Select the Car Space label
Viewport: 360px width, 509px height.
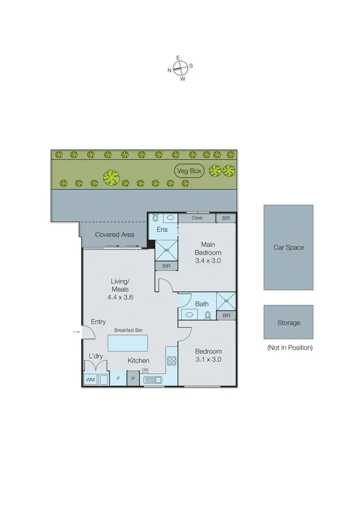(288, 248)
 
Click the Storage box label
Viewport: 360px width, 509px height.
(288, 323)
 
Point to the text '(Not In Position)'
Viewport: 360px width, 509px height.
(289, 347)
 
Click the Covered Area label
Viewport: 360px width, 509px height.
(114, 235)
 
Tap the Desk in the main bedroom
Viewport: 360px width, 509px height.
(197, 218)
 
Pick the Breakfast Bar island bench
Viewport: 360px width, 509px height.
(128, 343)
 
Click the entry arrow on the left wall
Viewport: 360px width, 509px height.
(76, 331)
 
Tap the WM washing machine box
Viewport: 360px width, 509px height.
(90, 379)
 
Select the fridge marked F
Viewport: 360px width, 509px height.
(118, 379)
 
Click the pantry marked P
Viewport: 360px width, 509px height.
(133, 379)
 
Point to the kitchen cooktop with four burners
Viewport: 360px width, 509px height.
(171, 361)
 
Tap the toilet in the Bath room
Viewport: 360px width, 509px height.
(208, 315)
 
